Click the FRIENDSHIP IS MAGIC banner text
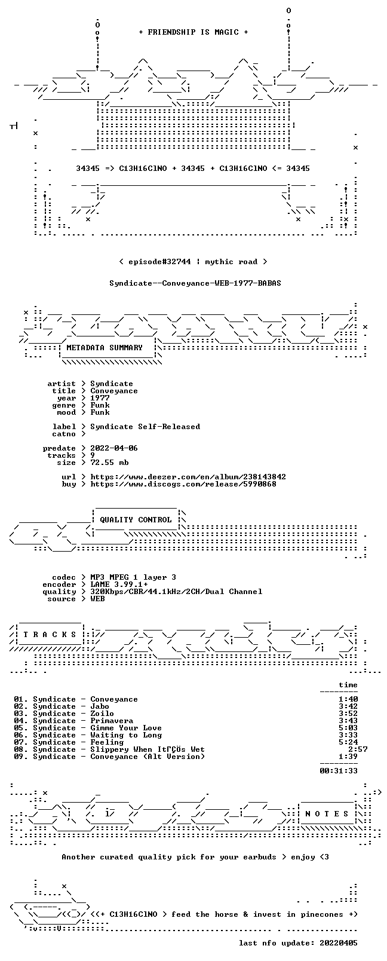[x=193, y=32]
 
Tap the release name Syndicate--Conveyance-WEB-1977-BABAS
[x=195, y=283]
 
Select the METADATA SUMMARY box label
[x=105, y=347]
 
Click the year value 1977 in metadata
[x=100, y=398]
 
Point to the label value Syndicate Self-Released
[x=145, y=427]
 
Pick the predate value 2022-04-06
[x=114, y=448]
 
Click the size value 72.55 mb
[x=109, y=463]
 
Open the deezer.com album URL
[x=188, y=477]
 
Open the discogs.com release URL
[x=183, y=484]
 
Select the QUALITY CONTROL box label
[x=136, y=520]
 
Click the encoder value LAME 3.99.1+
[x=119, y=584]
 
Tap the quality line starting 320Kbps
[x=176, y=592]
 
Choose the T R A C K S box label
[x=50, y=635]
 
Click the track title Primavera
[x=112, y=721]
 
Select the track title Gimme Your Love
[x=126, y=729]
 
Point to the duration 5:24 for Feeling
[x=348, y=743]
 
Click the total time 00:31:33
[x=339, y=771]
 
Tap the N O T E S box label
[x=327, y=814]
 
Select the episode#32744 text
[x=159, y=262]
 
